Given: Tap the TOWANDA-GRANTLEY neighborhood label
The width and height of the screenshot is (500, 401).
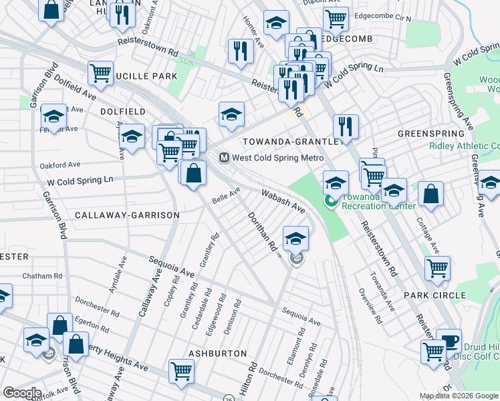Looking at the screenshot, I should coord(293,142).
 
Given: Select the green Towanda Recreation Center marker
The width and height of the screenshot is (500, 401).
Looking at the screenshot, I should coord(330,200).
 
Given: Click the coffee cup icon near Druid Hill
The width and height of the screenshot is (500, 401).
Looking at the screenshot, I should coord(449,340).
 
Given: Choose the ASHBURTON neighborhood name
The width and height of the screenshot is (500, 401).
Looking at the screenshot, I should coord(213,352).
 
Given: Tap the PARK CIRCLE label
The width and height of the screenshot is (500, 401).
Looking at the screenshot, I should coord(434,295).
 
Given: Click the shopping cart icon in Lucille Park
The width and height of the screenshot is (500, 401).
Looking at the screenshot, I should coord(101,73).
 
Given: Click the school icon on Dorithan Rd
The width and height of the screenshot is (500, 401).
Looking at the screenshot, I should coord(295,237).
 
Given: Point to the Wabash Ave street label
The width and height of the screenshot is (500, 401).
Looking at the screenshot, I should coord(283,200).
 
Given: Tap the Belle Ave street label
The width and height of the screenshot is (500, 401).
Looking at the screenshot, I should coord(226,196).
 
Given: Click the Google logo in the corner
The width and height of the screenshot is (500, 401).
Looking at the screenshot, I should coord(22,392).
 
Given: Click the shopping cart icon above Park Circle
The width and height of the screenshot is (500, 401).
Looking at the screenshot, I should coord(437,268).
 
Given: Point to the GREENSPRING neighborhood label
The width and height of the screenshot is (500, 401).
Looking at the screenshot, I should coord(430,134).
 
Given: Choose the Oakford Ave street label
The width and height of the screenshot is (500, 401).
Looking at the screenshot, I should coord(59,164).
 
